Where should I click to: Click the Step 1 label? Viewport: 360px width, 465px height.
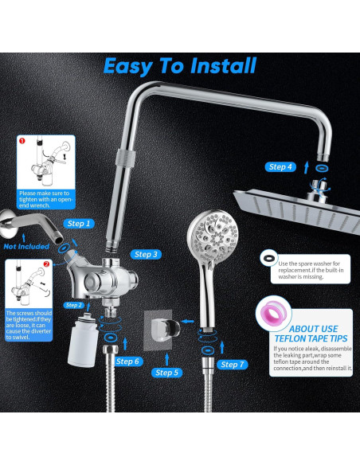click(x=79, y=224)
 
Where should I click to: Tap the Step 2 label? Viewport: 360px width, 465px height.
click(x=74, y=305)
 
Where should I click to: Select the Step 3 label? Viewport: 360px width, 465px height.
click(x=146, y=255)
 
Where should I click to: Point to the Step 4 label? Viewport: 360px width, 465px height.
click(x=280, y=167)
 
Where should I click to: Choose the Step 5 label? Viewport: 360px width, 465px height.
click(x=166, y=373)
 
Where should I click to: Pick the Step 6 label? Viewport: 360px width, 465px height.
click(x=127, y=361)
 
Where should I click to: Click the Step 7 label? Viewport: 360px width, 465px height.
click(x=233, y=365)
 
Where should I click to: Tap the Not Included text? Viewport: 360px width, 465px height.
click(x=26, y=247)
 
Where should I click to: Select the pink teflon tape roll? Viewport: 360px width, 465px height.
click(x=273, y=312)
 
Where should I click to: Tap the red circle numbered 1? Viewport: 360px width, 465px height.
click(x=22, y=141)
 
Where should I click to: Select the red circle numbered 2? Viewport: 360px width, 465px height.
click(x=46, y=264)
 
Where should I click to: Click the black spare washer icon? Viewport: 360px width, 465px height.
click(x=269, y=258)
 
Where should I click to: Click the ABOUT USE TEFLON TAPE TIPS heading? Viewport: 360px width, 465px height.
click(x=311, y=334)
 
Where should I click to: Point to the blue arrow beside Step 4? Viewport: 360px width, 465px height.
click(x=307, y=167)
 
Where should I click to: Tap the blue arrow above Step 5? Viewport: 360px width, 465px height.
click(x=167, y=359)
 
